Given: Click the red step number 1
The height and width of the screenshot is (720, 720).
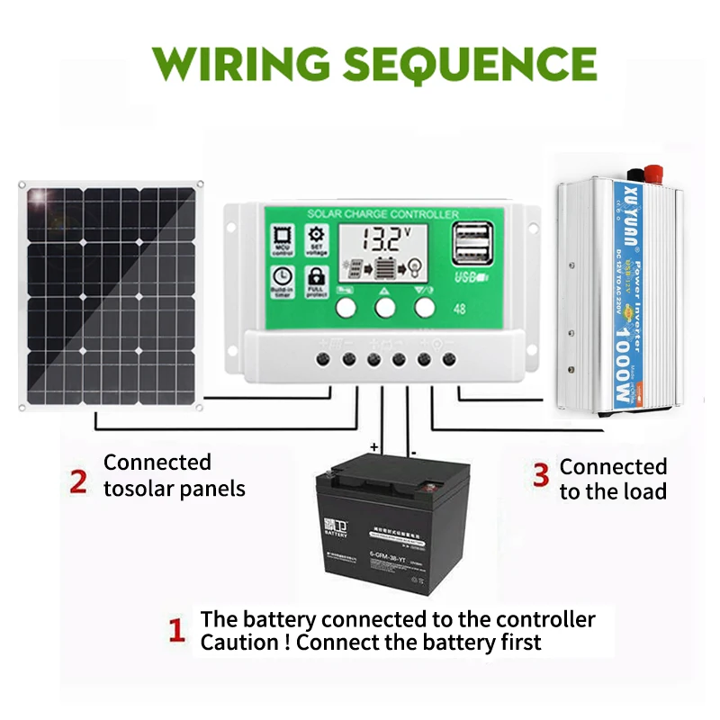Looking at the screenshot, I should (178, 630).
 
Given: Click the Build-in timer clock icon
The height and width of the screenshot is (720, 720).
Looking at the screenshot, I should (282, 278).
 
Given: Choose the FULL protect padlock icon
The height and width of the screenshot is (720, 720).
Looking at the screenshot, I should (317, 278).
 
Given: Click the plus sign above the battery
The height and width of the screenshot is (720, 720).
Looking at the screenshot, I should (373, 446).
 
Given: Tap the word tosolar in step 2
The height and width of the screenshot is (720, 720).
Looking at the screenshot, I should (140, 489).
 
